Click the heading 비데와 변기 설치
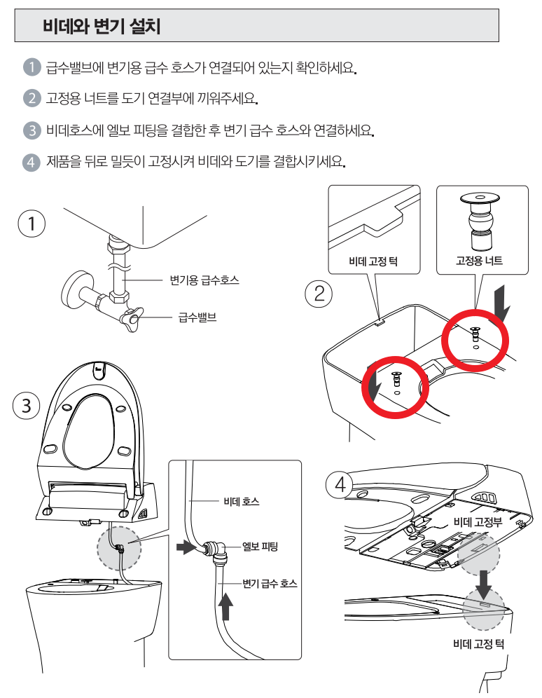(102, 26)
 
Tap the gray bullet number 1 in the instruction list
(32, 67)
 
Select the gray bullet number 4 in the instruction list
(31, 162)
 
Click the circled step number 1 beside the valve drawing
(32, 224)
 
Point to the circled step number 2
(319, 294)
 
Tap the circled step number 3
(26, 406)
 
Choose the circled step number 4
(340, 484)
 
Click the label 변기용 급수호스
(204, 280)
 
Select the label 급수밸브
(197, 317)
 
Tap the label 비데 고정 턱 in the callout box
(373, 261)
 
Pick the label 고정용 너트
(479, 261)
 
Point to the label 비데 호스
(242, 501)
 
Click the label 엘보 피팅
(260, 546)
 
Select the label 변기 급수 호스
(270, 583)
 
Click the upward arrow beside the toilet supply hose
(226, 606)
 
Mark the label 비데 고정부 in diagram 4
(478, 521)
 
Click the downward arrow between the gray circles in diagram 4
(483, 584)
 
